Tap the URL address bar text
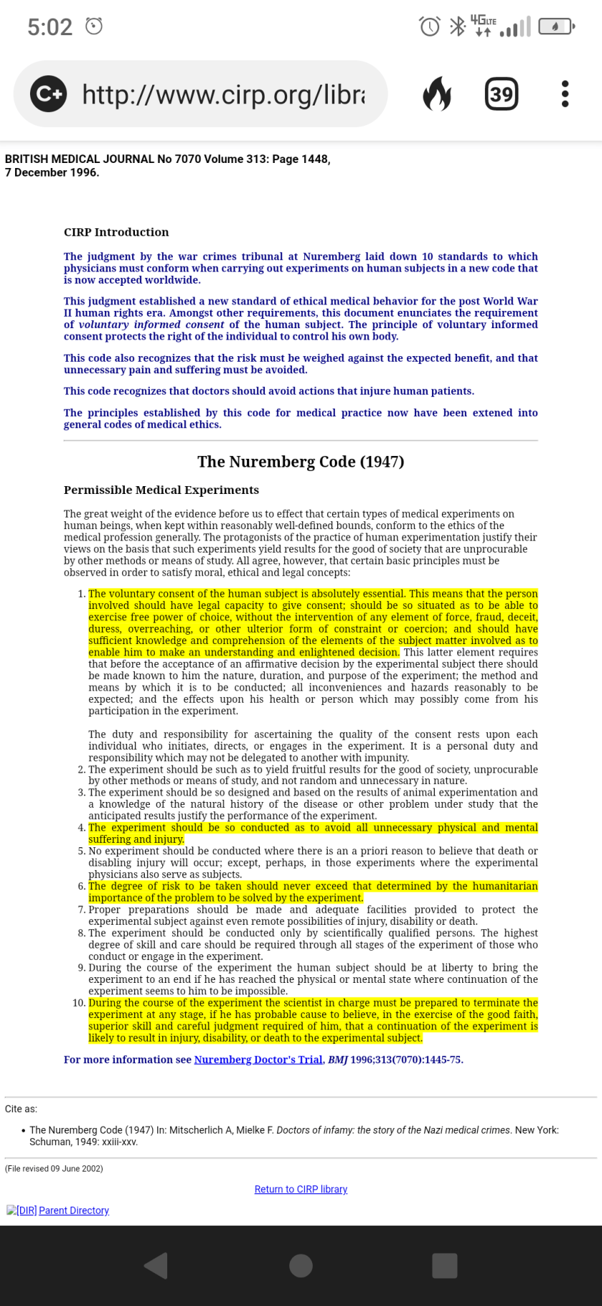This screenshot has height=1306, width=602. (223, 94)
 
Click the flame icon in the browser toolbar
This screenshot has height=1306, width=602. (437, 94)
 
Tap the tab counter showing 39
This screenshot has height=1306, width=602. (501, 94)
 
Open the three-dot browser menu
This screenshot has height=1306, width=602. (565, 94)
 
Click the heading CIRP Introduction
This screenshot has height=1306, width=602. (116, 232)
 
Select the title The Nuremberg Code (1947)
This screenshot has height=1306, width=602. (301, 462)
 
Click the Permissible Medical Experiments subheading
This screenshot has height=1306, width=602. (161, 490)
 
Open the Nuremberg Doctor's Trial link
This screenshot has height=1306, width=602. (258, 1060)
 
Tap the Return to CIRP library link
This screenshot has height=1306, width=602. (301, 1190)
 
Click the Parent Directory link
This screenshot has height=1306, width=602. (74, 1211)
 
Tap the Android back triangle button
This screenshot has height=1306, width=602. (156, 1266)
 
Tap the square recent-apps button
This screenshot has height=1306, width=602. (444, 1266)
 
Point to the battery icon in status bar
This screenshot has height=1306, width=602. (556, 27)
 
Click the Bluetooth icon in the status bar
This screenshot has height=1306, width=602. (456, 27)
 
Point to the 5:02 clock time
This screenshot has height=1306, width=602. (50, 27)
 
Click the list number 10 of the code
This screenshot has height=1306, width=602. (79, 1003)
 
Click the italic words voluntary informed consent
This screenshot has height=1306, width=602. (151, 325)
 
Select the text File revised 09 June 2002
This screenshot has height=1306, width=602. (54, 1169)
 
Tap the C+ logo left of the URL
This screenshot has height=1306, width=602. (48, 94)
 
